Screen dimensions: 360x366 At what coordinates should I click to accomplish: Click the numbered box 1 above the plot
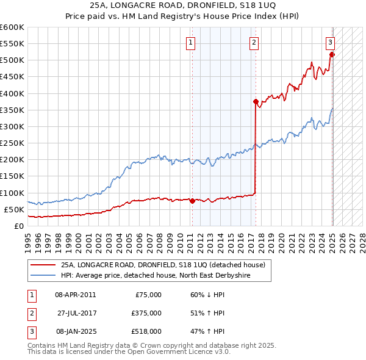point(192,43)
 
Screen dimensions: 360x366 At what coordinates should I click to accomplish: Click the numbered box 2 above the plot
point(254,43)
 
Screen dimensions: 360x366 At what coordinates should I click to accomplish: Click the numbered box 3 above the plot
point(330,43)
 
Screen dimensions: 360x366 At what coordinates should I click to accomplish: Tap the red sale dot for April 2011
point(192,200)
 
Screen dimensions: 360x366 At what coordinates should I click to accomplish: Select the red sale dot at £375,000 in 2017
point(256,101)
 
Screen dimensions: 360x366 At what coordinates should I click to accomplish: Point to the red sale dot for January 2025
point(332,54)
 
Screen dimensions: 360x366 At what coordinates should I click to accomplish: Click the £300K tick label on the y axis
point(12,126)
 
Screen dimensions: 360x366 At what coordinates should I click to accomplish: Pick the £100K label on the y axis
point(12,193)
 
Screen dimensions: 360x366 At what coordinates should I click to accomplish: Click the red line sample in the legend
point(43,265)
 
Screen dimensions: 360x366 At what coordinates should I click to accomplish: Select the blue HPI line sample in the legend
point(43,276)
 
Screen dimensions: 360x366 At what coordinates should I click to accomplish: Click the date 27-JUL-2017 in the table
point(77,313)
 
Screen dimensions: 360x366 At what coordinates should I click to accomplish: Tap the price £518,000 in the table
point(147,331)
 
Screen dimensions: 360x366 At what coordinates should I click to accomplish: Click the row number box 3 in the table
point(30,331)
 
